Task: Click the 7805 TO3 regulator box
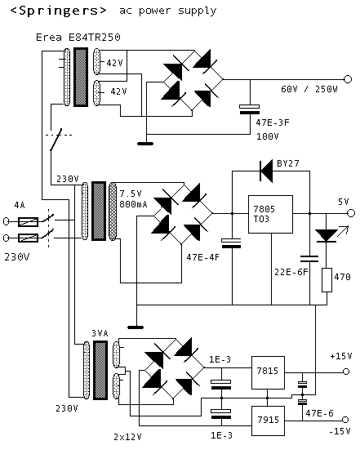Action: [x=270, y=214]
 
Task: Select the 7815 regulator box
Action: [x=268, y=372]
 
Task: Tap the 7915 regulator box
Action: [x=268, y=421]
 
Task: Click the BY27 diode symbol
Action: [x=266, y=171]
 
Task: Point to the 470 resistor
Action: [x=327, y=280]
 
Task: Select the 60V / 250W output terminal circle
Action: [x=348, y=79]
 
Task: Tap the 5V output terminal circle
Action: [x=351, y=213]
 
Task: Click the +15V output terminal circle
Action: [x=346, y=372]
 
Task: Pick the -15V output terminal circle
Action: [x=345, y=420]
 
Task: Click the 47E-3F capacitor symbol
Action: [x=250, y=109]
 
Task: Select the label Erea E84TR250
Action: [x=78, y=38]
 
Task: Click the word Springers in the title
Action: [x=59, y=11]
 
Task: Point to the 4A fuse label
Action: [x=20, y=205]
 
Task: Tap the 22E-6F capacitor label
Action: [x=291, y=272]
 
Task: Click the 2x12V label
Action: [x=127, y=437]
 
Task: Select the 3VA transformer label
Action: [x=100, y=333]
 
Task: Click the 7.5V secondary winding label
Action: [x=131, y=194]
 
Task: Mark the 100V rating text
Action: [x=267, y=136]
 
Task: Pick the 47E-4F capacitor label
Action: [x=203, y=257]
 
